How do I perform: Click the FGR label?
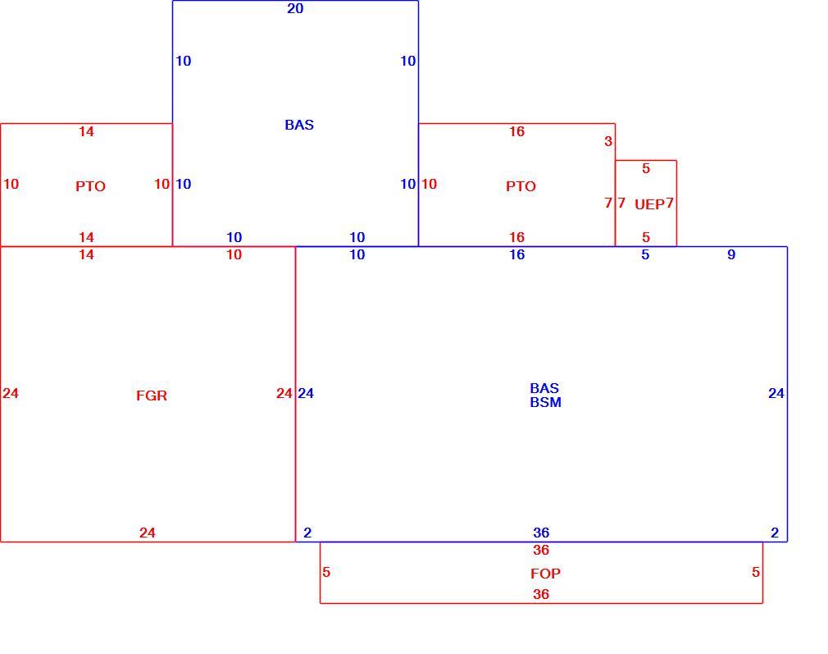tap(152, 396)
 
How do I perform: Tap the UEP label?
tap(649, 204)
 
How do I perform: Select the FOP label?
tap(545, 574)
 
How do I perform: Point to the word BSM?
tap(545, 402)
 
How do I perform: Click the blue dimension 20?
tap(295, 8)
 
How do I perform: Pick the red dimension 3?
tap(608, 141)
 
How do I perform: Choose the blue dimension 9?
tap(731, 255)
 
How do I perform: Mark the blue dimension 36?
tap(541, 533)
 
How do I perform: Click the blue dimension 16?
tap(517, 255)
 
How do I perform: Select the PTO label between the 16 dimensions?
tap(521, 186)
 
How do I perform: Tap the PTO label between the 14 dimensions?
tap(90, 186)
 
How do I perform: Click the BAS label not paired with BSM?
tap(299, 125)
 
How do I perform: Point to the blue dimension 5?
tap(645, 255)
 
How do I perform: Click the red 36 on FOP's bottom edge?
tap(541, 594)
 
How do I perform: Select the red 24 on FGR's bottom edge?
tap(148, 533)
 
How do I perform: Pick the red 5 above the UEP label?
tap(646, 169)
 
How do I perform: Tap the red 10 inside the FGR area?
tap(234, 255)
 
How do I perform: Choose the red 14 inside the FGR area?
tap(86, 255)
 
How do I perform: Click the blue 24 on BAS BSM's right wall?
tap(776, 393)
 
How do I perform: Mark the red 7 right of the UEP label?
tap(670, 203)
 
